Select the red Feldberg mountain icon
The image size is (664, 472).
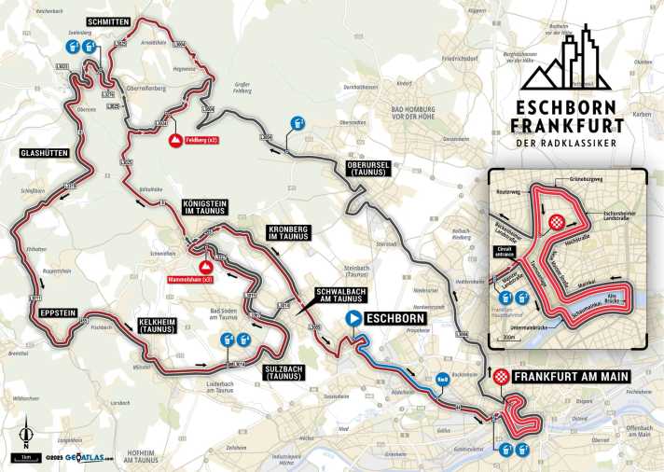(x=174, y=140)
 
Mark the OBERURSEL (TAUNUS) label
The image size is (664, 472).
(x=366, y=164)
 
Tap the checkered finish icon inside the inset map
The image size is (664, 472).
(x=557, y=222)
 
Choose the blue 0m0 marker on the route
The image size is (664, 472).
(x=444, y=379)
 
